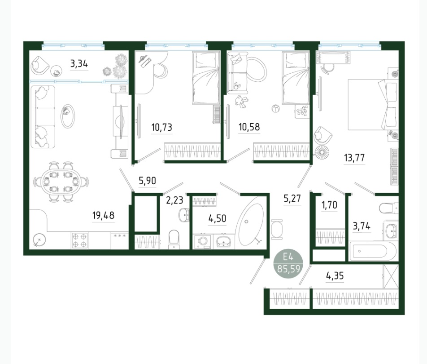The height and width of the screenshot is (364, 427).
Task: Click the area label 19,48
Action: click(104, 216)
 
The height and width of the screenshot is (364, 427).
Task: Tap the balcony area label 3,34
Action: click(79, 64)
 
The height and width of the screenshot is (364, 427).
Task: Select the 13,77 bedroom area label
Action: click(354, 158)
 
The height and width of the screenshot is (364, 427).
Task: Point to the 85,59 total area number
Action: click(289, 269)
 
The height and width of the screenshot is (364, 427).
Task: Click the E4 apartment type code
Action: click(288, 257)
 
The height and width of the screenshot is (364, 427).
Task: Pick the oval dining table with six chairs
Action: click(61, 182)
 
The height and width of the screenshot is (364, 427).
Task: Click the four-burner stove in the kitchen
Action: click(79, 240)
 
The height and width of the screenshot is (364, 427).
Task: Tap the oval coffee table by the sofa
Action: click(67, 116)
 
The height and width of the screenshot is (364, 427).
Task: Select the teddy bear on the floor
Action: click(242, 102)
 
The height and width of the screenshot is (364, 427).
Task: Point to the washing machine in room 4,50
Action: click(202, 242)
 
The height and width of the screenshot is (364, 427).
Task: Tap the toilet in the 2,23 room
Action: click(174, 239)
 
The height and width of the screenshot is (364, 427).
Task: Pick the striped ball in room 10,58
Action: click(275, 109)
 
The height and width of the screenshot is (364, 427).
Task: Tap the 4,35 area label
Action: click(335, 276)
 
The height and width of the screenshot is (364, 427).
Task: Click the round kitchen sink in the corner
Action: click(39, 240)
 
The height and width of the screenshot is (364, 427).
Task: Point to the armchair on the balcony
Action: click(40, 65)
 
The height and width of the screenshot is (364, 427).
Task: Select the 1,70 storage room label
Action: click(329, 204)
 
